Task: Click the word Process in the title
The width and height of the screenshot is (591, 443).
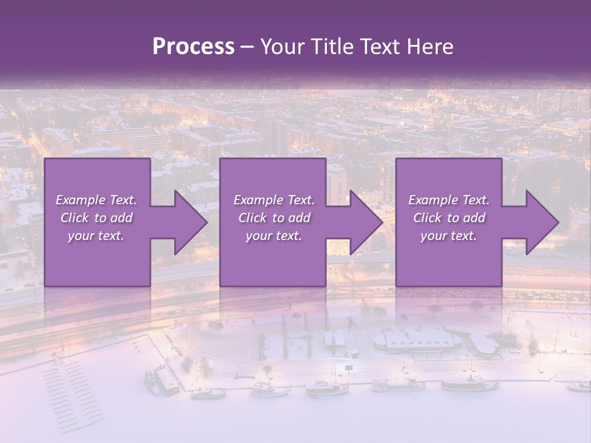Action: point(193,47)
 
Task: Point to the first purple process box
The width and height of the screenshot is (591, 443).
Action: point(97,258)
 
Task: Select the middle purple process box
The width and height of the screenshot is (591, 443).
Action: point(273,258)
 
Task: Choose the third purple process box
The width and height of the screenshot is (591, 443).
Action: point(448,258)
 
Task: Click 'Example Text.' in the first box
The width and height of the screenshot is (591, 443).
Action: point(96,200)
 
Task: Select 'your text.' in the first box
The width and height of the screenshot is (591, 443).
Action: point(96,236)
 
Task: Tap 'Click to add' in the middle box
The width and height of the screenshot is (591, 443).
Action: point(274,218)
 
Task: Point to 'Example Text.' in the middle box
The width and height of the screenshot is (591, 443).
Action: point(274,200)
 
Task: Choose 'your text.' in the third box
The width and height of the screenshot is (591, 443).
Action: point(449,236)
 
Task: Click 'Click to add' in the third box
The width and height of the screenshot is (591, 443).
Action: point(449,218)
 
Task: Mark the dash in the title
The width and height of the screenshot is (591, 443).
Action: point(247,47)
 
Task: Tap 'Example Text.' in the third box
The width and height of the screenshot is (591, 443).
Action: point(449,200)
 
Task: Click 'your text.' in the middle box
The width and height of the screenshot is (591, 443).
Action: point(274,236)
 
